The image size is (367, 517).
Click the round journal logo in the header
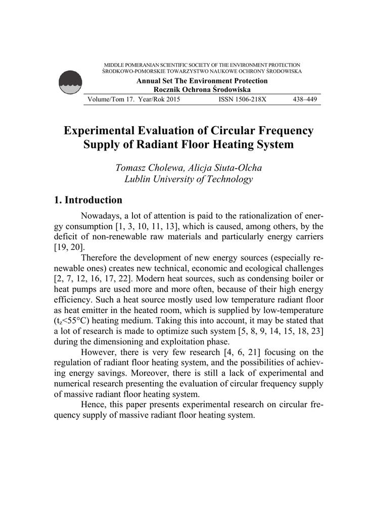coord(70,82)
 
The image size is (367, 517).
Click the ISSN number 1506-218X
coord(242,99)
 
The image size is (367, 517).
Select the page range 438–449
coord(305,99)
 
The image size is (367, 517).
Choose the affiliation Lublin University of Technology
coord(188,179)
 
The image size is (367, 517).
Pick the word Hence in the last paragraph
coord(94,404)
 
